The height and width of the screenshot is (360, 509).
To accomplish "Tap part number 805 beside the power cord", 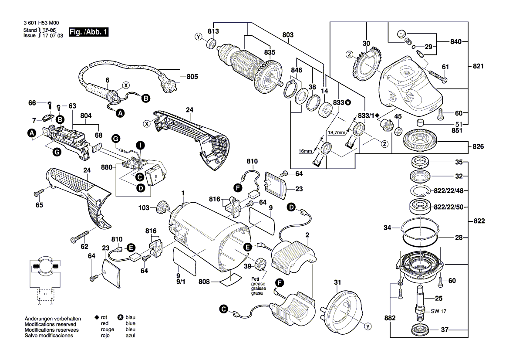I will pos(192,77).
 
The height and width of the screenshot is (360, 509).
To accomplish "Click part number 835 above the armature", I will pos(270,52).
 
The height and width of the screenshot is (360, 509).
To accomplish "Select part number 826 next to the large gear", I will pos(478,146).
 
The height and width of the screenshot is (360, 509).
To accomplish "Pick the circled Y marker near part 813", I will pos(199,37).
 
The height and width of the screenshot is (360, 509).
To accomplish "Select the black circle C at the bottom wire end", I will pos(224,310).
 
